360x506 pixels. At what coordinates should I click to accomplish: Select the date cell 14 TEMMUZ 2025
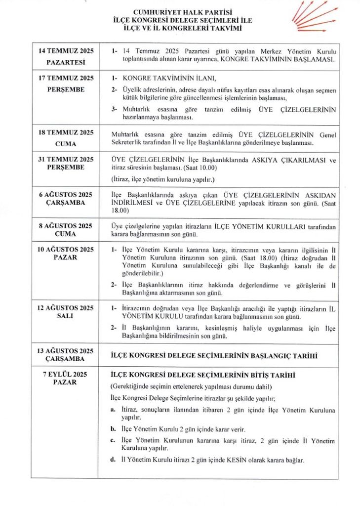pos(66,51)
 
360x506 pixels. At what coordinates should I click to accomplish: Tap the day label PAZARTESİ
pos(66,63)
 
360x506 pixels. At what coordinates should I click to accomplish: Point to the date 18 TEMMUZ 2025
pos(66,132)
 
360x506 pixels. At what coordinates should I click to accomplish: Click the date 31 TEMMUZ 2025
pos(66,159)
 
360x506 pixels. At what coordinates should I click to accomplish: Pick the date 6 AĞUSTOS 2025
pos(66,194)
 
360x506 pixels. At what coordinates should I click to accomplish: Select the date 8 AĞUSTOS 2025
pos(66,226)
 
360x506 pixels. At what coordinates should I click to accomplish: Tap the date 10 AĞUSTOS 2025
pos(66,249)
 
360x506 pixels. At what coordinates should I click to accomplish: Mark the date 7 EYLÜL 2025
pos(66,374)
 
